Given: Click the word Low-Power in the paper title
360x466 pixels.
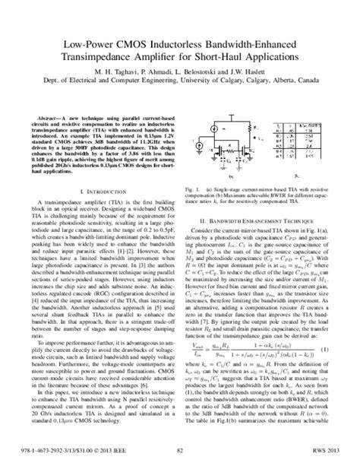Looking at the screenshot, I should (76, 47).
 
